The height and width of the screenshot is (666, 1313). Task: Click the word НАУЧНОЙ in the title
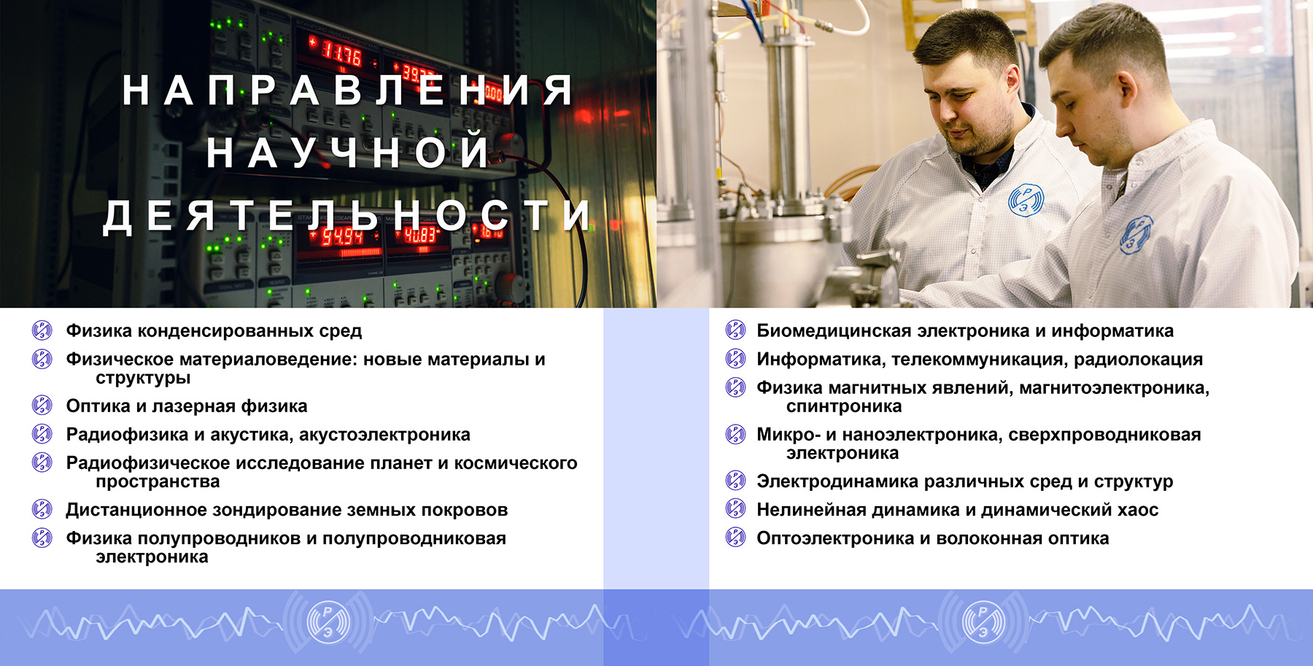(x=347, y=152)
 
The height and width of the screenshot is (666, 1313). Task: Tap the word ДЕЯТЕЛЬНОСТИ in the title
(x=347, y=216)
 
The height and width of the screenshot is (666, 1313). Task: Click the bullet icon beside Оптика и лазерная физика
(x=42, y=406)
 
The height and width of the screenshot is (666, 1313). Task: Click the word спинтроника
(x=844, y=406)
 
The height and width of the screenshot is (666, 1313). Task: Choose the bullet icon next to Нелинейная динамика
(x=736, y=509)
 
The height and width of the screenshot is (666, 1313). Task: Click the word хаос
(x=1138, y=510)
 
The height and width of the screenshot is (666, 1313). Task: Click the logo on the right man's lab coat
(x=1135, y=235)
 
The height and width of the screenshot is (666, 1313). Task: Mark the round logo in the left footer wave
(x=328, y=622)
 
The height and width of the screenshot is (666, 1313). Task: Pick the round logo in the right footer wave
(x=983, y=622)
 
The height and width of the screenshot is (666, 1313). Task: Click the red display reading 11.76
(x=341, y=53)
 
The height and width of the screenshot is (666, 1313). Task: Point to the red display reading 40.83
(x=420, y=235)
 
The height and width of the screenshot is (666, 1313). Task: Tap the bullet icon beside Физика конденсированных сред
(x=42, y=330)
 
